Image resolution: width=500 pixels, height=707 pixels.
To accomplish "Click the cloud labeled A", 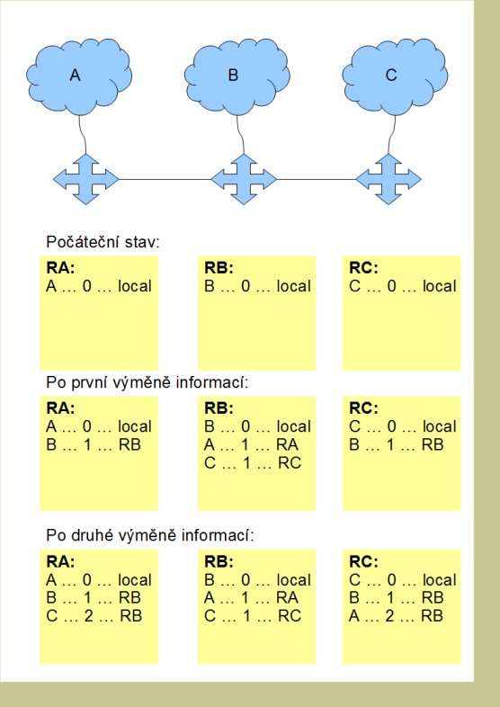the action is (x=79, y=76).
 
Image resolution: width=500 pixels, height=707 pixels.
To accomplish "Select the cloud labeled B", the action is (x=237, y=76).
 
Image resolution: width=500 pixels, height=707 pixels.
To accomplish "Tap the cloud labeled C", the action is (x=395, y=76).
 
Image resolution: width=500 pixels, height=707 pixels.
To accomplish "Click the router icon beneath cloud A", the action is (x=85, y=180).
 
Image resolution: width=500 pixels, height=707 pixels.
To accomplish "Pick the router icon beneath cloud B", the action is (x=244, y=180).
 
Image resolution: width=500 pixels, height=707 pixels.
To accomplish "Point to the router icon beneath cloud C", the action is (x=388, y=180).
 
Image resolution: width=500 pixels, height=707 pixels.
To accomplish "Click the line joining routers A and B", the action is (x=165, y=180).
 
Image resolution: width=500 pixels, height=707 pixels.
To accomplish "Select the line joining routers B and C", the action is (x=316, y=180).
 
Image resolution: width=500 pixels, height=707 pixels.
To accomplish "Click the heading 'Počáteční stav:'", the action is (x=103, y=242).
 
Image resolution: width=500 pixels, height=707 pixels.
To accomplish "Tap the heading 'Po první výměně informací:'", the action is (x=147, y=383).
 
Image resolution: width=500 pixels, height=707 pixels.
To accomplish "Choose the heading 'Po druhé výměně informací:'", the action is (x=150, y=536).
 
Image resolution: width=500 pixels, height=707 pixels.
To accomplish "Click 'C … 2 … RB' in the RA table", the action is (x=94, y=616).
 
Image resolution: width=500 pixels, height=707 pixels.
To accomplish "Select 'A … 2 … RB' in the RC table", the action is (x=396, y=616).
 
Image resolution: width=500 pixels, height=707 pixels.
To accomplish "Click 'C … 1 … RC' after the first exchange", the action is (x=253, y=463).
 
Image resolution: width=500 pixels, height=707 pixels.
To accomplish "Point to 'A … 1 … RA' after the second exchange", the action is (x=251, y=598).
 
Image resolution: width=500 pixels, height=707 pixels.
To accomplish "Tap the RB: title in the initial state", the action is (x=219, y=268).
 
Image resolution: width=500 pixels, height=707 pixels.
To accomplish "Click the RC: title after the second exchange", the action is (x=364, y=562).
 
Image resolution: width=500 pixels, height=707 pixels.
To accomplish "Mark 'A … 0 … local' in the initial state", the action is (x=99, y=286).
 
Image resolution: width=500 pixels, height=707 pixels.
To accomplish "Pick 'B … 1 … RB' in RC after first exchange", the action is (x=397, y=445).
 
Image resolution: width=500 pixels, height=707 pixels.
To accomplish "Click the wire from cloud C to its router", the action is (x=392, y=135).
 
